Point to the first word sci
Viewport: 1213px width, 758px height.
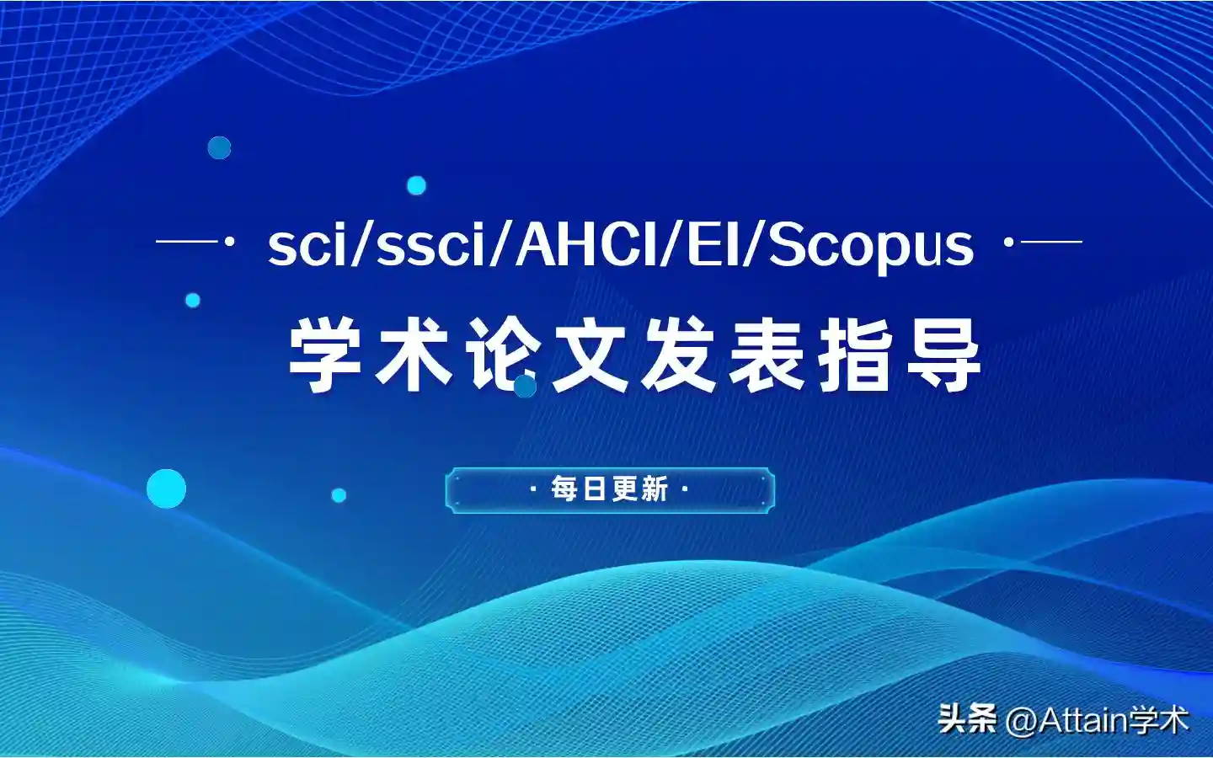pyautogui.click(x=307, y=246)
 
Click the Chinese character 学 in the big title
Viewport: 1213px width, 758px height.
pyautogui.click(x=325, y=354)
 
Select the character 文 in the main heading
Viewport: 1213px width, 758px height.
pyautogui.click(x=589, y=354)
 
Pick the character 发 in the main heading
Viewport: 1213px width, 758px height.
pyautogui.click(x=678, y=354)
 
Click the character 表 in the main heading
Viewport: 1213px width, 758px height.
pyautogui.click(x=766, y=354)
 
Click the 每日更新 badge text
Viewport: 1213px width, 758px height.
pyautogui.click(x=610, y=489)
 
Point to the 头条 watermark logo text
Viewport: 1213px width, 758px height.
pyautogui.click(x=968, y=719)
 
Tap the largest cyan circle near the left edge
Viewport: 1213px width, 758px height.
pyautogui.click(x=166, y=488)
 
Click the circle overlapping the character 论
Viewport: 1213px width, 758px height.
pyautogui.click(x=525, y=386)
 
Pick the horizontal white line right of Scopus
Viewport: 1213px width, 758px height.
pyautogui.click(x=1051, y=242)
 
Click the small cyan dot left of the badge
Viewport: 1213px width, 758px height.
pyautogui.click(x=339, y=495)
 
